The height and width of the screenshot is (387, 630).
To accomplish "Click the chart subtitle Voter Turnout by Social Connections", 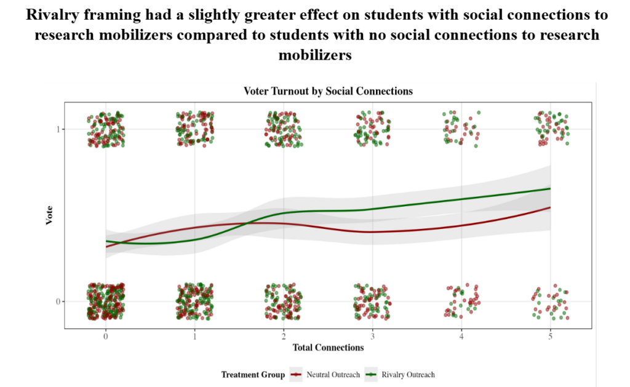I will (x=328, y=91).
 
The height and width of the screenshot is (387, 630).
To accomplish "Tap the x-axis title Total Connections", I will (x=328, y=348).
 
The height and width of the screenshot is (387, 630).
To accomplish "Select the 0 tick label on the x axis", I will (x=106, y=337).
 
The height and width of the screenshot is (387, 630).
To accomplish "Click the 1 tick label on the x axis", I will (x=194, y=337).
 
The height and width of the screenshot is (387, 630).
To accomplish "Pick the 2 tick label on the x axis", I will (x=284, y=337).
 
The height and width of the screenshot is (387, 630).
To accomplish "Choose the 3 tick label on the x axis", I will (x=372, y=337).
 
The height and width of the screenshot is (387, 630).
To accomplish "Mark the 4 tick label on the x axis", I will (x=461, y=337).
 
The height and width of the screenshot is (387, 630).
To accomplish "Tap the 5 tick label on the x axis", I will (x=550, y=337).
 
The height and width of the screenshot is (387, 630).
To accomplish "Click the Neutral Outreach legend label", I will (x=333, y=375).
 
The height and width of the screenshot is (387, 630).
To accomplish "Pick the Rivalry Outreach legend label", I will (x=408, y=375).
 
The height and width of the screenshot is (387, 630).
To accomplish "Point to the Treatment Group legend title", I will (x=253, y=375).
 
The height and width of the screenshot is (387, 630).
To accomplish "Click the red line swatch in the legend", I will (x=297, y=375).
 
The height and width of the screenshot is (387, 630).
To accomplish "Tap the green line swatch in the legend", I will (x=372, y=375).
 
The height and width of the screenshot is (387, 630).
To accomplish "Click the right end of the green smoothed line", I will (x=549, y=188).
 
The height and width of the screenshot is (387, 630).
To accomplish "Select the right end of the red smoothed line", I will (x=549, y=207).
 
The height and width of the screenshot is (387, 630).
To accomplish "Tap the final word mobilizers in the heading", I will (x=315, y=55).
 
